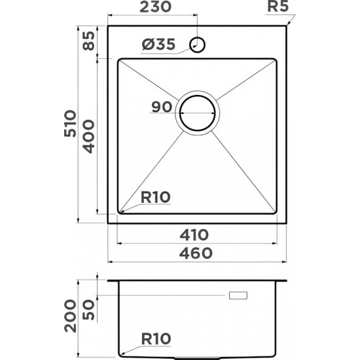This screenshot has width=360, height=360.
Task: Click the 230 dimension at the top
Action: point(156,8)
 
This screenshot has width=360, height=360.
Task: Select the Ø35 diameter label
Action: point(158,45)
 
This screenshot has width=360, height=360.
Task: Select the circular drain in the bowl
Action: point(197,113)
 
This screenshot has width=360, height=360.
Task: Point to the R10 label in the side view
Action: point(155,339)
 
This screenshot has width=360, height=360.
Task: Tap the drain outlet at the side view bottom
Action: point(196,358)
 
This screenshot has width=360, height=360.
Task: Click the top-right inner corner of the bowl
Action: point(275,60)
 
